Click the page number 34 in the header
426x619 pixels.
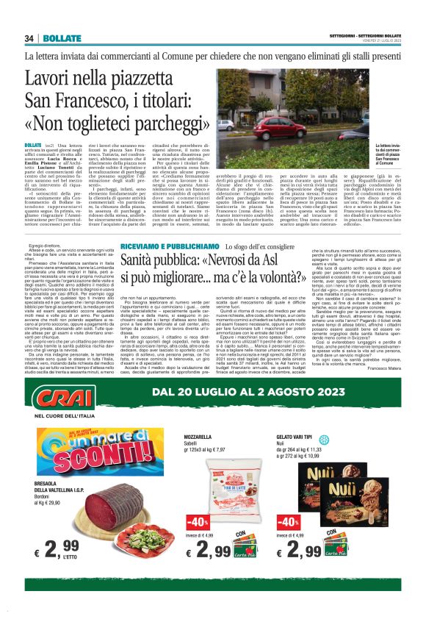click(x=29, y=37)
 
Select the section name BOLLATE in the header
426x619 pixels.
click(x=57, y=37)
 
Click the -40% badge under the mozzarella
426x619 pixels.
click(x=196, y=523)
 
